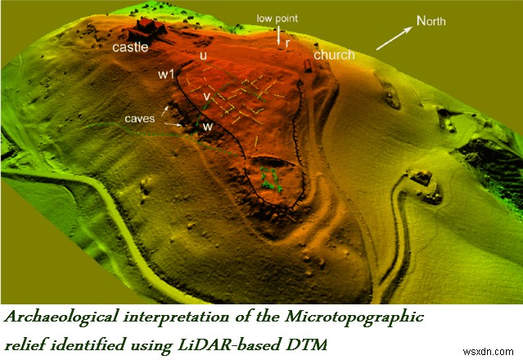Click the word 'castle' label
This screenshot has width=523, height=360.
pos(130,47)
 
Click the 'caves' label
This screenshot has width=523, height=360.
pos(141,118)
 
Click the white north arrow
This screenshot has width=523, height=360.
pos(395,37)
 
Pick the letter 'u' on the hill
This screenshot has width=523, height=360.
pos(202,56)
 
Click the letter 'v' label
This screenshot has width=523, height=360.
pos(208,96)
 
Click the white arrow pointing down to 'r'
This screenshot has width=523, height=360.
pos(278,35)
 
